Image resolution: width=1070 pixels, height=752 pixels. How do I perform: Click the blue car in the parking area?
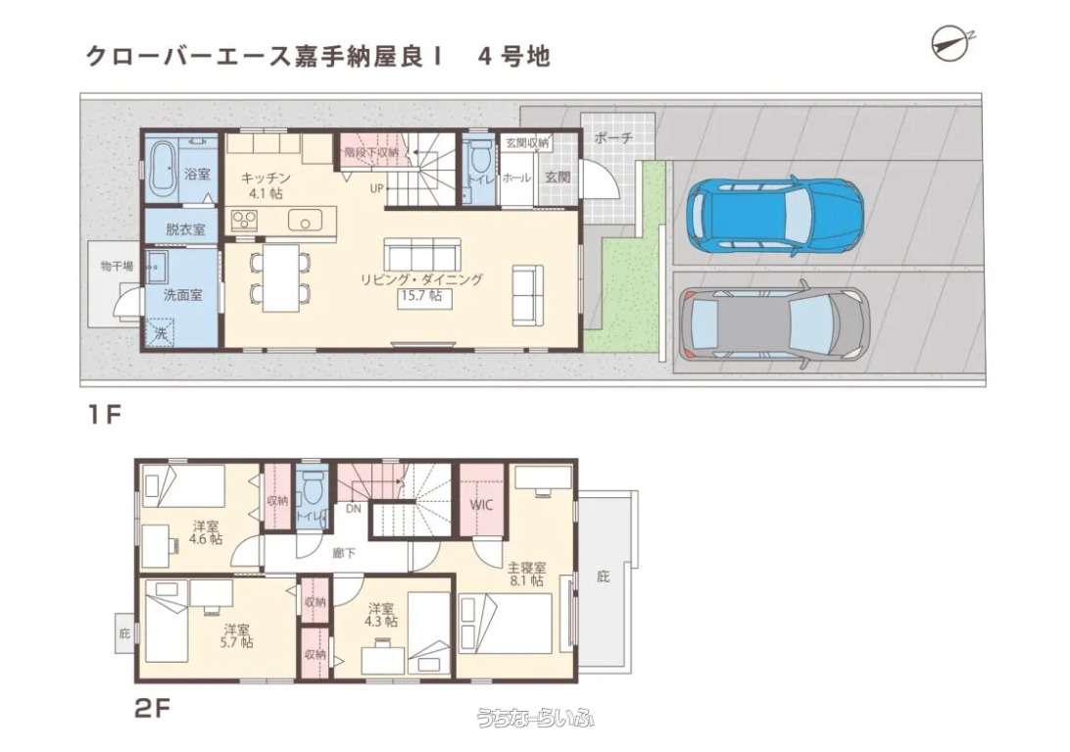tap(774, 215)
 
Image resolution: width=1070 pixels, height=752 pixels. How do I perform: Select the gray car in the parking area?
tap(774, 324)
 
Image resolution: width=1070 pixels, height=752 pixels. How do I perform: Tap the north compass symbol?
tap(953, 43)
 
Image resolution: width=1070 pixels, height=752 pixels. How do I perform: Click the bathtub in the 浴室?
tap(162, 168)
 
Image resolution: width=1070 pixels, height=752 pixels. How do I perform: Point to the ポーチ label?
tap(613, 137)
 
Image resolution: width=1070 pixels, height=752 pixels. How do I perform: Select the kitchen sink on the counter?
tap(305, 220)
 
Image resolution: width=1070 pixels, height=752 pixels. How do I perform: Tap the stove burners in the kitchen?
tap(244, 220)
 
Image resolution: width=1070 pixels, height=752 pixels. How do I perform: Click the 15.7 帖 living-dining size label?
tap(421, 296)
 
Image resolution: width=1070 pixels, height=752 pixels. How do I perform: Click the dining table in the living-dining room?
tap(280, 277)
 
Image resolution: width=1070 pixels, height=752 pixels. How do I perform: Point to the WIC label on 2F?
tap(481, 506)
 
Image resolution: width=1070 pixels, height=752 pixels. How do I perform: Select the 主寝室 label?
tap(527, 567)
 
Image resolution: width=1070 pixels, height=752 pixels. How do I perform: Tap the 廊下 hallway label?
tap(343, 553)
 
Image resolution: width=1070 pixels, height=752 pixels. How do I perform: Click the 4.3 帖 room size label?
tap(381, 622)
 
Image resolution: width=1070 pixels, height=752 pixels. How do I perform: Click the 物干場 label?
tap(117, 266)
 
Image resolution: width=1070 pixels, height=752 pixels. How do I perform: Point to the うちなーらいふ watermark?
tap(535, 717)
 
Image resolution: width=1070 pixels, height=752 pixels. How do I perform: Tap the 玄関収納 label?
tap(526, 143)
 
